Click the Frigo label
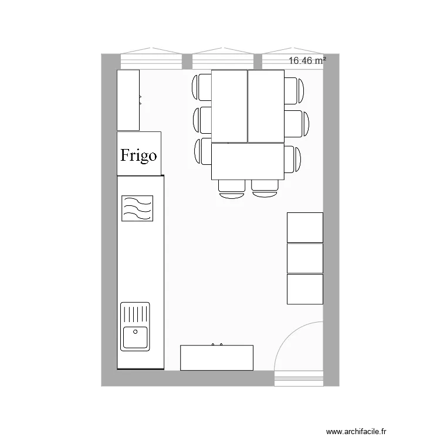coord(139,155)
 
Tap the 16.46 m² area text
coord(307,60)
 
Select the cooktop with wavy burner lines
coord(137,209)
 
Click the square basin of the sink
coord(136,338)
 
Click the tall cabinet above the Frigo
coord(128,100)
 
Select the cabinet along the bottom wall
coord(216,358)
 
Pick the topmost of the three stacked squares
coord(304,228)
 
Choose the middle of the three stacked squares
coord(304,258)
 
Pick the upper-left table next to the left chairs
coord(229,106)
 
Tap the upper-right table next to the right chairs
coord(266,106)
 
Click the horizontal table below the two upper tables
coord(248,161)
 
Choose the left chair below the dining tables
coord(232,187)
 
